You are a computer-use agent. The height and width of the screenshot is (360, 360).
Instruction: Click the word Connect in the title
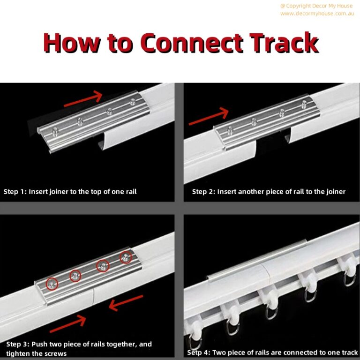[x=193, y=44]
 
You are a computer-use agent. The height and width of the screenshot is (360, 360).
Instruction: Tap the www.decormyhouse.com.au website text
[x=317, y=14]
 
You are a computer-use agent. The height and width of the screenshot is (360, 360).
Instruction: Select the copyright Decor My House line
[x=317, y=6]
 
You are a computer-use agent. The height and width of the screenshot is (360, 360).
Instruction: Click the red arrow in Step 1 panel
[x=82, y=99]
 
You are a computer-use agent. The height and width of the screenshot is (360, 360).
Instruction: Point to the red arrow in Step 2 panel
[x=208, y=117]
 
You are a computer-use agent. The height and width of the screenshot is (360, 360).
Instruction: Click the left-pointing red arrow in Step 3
[x=126, y=302]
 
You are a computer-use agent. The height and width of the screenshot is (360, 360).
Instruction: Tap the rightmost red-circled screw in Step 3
[x=126, y=257]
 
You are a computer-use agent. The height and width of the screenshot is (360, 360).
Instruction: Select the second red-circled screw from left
[x=75, y=275]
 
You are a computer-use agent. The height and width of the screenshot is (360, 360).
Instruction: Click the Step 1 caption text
[x=70, y=192]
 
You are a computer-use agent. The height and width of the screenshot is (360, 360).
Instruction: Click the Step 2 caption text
[x=269, y=192]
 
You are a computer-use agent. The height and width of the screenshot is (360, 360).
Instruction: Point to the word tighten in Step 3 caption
[x=18, y=353]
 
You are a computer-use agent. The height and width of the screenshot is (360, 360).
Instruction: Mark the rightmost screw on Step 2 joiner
[x=305, y=102]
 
